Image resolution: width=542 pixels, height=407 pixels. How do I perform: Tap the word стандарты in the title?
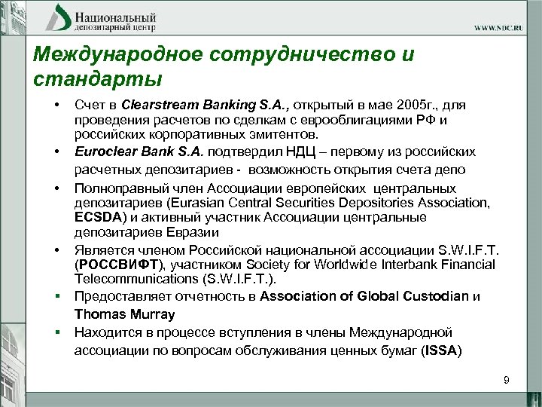point(97,78)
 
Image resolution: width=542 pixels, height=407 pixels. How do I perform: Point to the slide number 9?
point(507,380)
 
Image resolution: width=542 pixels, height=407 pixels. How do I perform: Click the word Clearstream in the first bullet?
point(154,105)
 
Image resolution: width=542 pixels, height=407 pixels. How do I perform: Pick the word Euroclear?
point(104,151)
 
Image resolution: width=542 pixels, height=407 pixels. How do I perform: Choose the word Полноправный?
point(117,187)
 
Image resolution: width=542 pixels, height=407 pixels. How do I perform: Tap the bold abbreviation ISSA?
point(441,350)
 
